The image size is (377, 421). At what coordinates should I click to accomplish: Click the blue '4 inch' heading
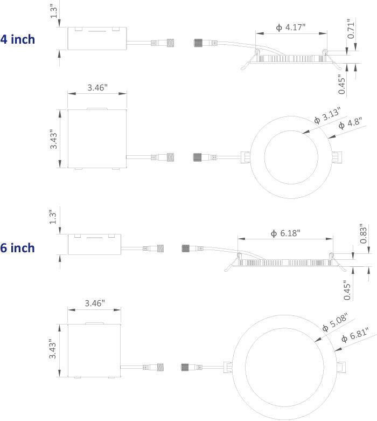click(x=17, y=39)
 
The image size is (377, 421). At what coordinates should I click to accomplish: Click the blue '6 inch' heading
click(x=17, y=248)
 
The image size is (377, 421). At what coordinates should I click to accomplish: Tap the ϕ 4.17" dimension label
click(x=291, y=27)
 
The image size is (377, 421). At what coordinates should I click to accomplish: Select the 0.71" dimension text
click(x=351, y=29)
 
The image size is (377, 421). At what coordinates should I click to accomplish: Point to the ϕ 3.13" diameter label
click(x=327, y=115)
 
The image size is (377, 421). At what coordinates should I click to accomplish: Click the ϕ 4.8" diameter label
click(x=350, y=123)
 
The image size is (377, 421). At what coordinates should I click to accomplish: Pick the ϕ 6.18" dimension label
click(x=285, y=233)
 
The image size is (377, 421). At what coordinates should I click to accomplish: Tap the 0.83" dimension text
click(x=363, y=233)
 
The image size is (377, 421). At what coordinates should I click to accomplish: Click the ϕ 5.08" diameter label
click(x=335, y=322)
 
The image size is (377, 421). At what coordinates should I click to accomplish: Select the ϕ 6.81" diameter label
click(x=355, y=335)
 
